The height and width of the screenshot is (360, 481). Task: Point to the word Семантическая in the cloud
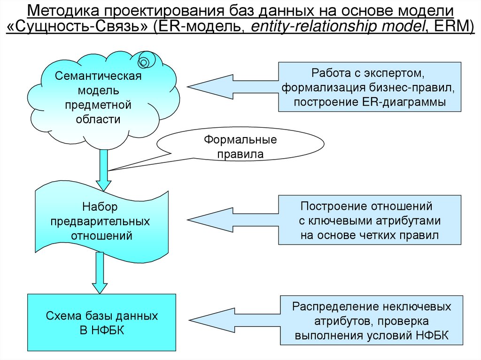click(98, 76)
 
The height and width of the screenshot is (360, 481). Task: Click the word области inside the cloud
click(98, 119)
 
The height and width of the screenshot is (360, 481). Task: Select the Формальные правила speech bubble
click(240, 146)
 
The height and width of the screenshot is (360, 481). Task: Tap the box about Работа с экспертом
click(369, 87)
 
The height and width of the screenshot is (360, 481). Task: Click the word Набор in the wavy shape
click(100, 207)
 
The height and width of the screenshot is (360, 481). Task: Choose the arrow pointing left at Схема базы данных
click(230, 321)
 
